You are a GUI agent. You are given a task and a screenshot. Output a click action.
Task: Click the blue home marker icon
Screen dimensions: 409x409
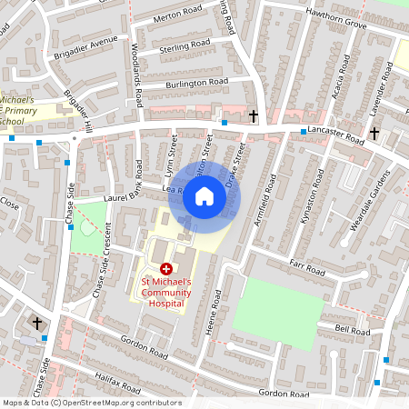pos(204,196)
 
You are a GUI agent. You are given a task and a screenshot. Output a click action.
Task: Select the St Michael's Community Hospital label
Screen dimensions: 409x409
pos(167,292)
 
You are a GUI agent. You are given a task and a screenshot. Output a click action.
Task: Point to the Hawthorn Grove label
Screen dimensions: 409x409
pos(336,25)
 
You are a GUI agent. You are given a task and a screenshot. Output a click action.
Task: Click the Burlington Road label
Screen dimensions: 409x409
pos(196,83)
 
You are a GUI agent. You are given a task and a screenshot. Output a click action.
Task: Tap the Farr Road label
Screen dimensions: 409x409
pos(308,270)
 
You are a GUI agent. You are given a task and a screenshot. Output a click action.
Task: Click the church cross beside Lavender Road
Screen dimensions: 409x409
pos(374,133)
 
